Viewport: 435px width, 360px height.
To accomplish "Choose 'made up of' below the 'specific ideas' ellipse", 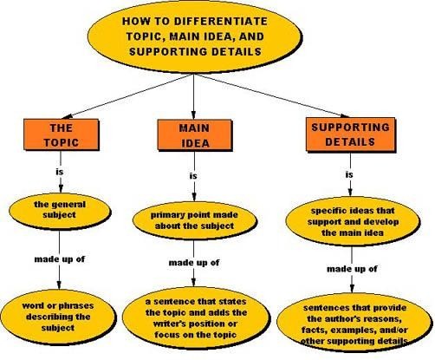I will (x=351, y=269).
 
